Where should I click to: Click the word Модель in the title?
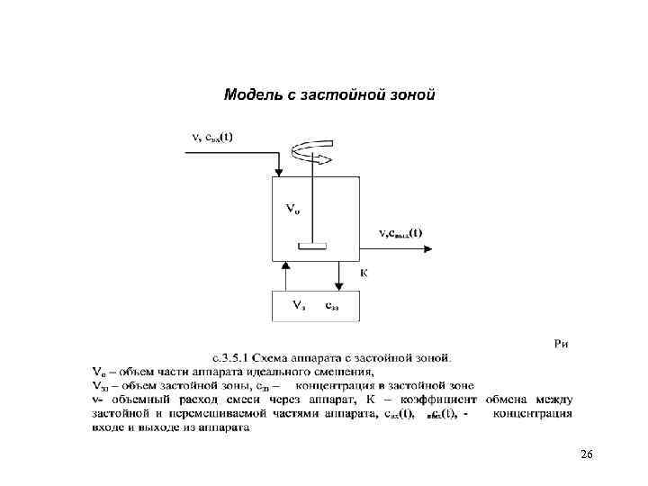[x=250, y=94]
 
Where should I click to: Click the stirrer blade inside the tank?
[x=311, y=244]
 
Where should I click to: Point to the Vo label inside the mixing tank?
[x=292, y=208]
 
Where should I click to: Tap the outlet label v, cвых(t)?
[x=401, y=232]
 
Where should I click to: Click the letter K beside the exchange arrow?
[x=364, y=273]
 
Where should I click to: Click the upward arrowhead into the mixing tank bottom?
[x=284, y=266]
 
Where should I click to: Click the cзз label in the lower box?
[x=331, y=306]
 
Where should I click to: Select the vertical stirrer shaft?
[x=311, y=198]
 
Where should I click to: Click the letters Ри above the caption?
[x=562, y=343]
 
